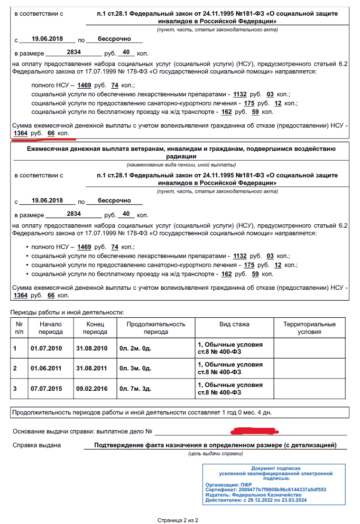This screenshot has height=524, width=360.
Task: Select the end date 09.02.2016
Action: click(92, 389)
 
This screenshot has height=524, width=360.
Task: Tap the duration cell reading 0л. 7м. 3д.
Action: click(135, 389)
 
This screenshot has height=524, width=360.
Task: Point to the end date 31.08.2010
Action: click(92, 349)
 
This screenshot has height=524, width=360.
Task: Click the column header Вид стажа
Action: click(234, 324)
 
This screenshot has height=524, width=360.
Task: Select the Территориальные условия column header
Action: click(309, 328)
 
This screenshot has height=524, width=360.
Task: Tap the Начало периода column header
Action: click(51, 328)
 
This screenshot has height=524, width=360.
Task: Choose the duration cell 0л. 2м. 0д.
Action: click(135, 349)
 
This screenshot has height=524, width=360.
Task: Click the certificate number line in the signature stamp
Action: click(266, 489)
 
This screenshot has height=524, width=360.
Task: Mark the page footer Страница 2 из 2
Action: click(178, 520)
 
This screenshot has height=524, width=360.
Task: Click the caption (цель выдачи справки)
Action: click(214, 454)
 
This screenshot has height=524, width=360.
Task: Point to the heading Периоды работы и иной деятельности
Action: click(67, 312)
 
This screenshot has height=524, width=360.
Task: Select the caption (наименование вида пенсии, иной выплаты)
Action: click(181, 165)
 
